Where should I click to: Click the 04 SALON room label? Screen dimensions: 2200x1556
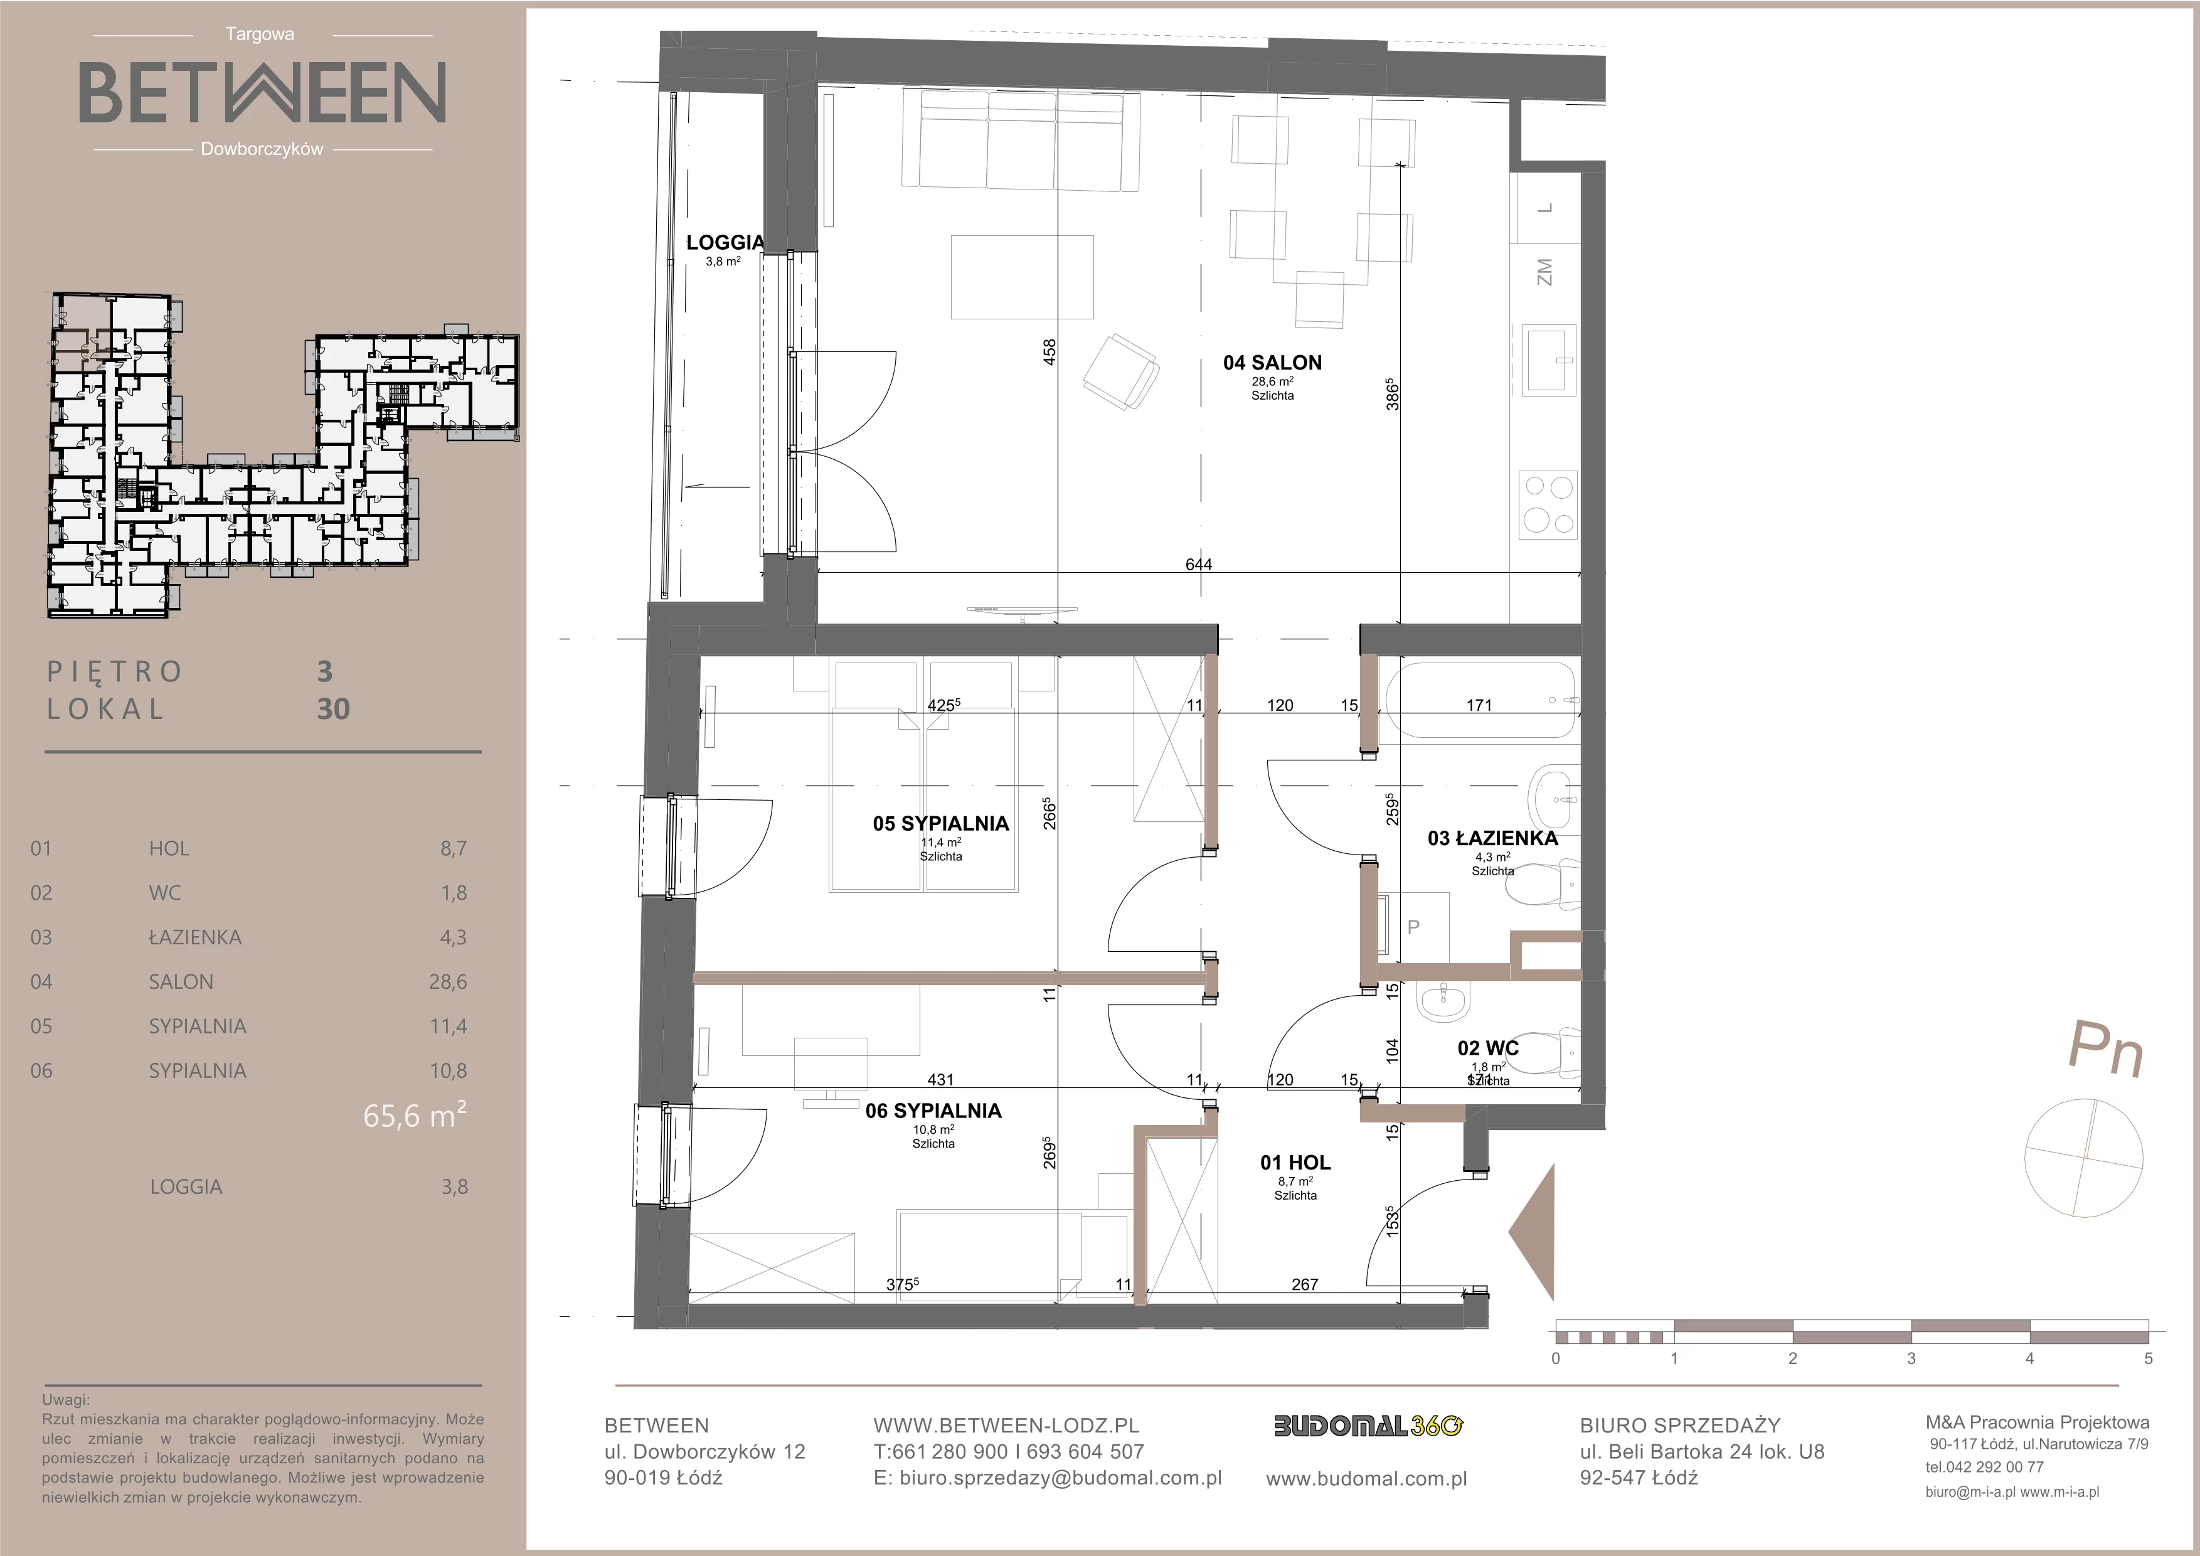pyautogui.click(x=1272, y=362)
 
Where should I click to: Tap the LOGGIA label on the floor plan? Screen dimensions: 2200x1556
pyautogui.click(x=725, y=242)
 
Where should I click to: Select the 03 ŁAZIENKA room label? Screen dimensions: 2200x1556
pyautogui.click(x=1493, y=838)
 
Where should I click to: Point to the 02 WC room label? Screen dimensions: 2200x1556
pyautogui.click(x=1488, y=1048)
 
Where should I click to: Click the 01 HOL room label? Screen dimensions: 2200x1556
pyautogui.click(x=1295, y=1162)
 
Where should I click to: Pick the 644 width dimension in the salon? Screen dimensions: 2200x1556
pyautogui.click(x=1199, y=564)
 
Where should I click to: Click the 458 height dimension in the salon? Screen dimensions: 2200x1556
pyautogui.click(x=1050, y=353)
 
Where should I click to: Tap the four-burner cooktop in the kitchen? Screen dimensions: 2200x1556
pyautogui.click(x=1548, y=503)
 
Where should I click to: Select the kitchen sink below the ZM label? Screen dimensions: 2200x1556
pyautogui.click(x=1548, y=358)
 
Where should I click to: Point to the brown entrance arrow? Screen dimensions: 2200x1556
pyautogui.click(x=1531, y=1232)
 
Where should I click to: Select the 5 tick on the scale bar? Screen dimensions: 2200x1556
pyautogui.click(x=2149, y=1358)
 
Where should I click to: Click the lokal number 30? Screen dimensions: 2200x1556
pyautogui.click(x=334, y=709)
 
